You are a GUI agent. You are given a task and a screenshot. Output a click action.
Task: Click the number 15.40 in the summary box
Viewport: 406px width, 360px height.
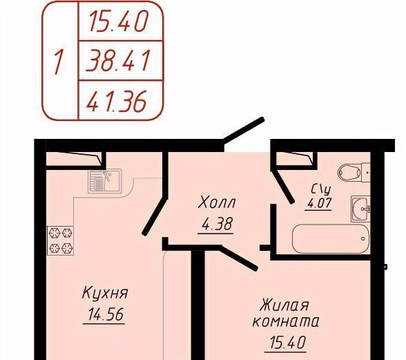119,21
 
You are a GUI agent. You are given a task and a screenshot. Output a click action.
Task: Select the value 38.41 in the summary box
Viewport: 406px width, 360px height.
118,61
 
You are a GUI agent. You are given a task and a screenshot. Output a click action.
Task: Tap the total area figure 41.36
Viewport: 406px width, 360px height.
117,101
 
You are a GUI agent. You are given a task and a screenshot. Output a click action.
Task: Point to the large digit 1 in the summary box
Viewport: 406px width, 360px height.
59,62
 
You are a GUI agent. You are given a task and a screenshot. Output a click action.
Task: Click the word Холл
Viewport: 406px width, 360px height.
217,202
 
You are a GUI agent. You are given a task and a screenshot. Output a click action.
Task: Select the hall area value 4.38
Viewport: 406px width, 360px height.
217,224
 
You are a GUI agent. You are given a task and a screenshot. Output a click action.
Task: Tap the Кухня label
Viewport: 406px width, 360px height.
105,293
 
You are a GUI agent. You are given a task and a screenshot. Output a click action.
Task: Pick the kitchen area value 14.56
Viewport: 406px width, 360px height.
106,314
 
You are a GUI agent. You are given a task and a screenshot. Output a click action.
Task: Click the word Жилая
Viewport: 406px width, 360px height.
284,305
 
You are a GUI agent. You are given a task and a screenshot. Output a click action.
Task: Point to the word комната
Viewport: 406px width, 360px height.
285,321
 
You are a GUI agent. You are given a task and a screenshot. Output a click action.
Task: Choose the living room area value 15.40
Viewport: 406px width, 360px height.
287,342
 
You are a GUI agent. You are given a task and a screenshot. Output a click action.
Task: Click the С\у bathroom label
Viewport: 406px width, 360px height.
321,190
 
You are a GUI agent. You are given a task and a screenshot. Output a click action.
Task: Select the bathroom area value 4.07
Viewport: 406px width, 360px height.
319,202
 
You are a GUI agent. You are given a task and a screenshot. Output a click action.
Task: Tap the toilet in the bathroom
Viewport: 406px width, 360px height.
354,172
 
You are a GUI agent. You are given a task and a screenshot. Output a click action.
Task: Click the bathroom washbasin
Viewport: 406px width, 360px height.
360,209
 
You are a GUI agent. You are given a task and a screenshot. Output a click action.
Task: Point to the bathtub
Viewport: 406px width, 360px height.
331,238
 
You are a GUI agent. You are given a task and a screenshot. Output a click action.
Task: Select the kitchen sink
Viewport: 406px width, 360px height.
105,181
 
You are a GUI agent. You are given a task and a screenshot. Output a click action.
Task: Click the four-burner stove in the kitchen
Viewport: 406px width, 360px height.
60,240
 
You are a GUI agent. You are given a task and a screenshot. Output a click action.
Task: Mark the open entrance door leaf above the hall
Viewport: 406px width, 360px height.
244,131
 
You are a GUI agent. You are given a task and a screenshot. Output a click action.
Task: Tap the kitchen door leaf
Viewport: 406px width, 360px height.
155,216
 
